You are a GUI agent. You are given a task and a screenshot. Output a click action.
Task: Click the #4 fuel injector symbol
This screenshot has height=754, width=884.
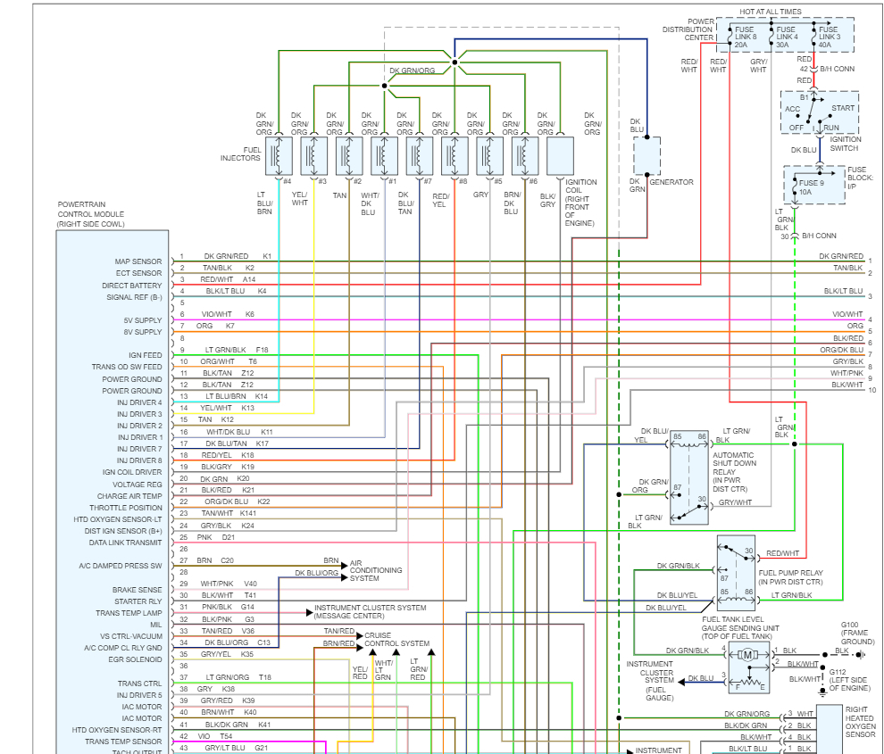pyautogui.click(x=279, y=155)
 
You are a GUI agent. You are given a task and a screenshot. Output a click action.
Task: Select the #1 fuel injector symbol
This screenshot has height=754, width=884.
pyautogui.click(x=385, y=155)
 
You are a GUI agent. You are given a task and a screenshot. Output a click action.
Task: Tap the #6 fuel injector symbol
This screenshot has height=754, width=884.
pyautogui.click(x=525, y=155)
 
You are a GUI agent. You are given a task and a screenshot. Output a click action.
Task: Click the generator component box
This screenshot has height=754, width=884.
pyautogui.click(x=647, y=156)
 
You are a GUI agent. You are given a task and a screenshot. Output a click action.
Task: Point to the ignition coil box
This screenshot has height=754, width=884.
pyautogui.click(x=560, y=155)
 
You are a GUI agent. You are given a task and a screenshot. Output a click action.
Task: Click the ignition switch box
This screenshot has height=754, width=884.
pyautogui.click(x=819, y=112)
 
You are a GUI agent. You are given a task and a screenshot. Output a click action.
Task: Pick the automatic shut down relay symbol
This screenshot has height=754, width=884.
pyautogui.click(x=688, y=478)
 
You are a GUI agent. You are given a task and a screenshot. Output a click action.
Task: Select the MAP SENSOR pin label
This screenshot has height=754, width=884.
pyautogui.click(x=138, y=261)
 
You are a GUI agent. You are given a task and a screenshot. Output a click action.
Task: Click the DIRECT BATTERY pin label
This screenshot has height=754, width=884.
pyautogui.click(x=132, y=285)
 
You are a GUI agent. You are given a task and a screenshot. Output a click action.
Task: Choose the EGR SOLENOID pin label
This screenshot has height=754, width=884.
pyautogui.click(x=135, y=659)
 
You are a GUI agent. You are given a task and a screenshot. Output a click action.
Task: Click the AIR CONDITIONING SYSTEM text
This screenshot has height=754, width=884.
pyautogui.click(x=376, y=570)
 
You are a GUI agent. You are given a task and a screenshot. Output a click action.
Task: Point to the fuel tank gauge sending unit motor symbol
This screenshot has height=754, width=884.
pyautogui.click(x=748, y=654)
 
